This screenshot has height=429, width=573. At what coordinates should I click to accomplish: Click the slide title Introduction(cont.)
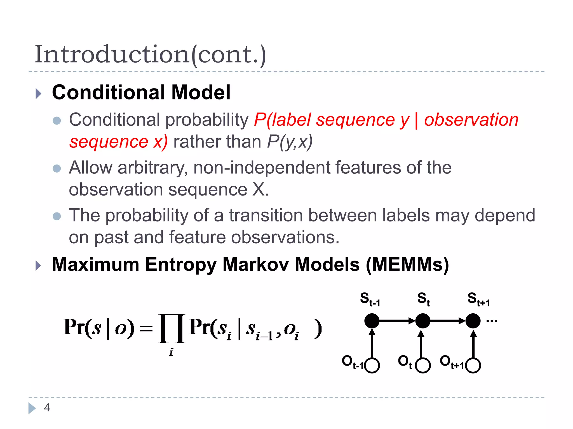150,54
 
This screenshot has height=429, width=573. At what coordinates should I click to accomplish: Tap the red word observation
471,120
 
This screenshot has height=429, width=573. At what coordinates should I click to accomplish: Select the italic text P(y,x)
290,142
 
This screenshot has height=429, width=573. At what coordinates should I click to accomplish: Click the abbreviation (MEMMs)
407,264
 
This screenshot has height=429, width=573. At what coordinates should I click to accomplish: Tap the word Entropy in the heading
181,264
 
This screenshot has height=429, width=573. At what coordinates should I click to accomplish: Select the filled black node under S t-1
372,321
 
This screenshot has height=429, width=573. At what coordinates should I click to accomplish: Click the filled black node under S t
422,321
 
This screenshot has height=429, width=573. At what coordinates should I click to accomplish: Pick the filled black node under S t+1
473,321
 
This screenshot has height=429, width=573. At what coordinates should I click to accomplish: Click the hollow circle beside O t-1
372,365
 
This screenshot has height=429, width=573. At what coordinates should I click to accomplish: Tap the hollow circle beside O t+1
473,365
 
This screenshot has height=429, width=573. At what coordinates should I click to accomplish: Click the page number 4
47,408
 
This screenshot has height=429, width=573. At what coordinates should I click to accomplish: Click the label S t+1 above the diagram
478,299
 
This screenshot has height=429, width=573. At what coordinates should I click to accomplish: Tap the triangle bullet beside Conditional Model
38,94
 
